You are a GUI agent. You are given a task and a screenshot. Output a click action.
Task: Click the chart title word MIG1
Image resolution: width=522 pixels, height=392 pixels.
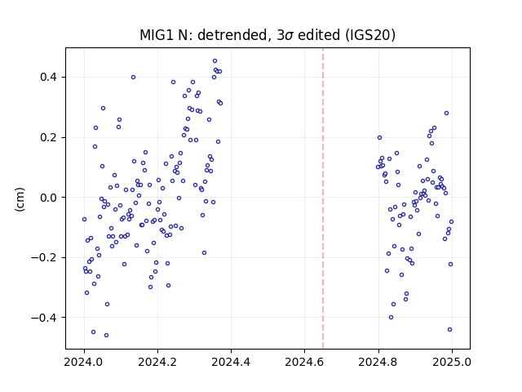157,35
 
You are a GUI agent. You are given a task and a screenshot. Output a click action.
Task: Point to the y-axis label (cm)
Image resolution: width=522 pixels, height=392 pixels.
20,199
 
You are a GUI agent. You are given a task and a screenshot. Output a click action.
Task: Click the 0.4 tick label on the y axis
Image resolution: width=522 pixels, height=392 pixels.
49,77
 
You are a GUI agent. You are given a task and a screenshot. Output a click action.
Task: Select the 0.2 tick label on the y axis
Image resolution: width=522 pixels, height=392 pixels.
49,137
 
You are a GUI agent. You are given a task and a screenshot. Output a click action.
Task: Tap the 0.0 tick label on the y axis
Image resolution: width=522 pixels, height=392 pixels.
49,198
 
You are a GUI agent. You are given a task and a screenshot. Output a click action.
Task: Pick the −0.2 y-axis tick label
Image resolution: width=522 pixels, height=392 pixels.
45,258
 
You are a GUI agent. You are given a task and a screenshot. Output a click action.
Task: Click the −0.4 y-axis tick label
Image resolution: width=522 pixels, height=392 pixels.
45,318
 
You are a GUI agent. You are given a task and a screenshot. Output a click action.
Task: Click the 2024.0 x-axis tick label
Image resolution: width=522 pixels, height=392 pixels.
84,362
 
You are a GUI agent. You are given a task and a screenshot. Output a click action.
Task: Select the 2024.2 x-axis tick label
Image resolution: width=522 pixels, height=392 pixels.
157,362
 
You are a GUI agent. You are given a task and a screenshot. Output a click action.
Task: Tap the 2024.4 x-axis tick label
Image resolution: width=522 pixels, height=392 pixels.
231,362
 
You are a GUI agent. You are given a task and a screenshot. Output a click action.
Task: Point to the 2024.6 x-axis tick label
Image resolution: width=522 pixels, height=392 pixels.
304,362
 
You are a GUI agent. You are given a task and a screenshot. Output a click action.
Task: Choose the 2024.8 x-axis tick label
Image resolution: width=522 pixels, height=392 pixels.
378,362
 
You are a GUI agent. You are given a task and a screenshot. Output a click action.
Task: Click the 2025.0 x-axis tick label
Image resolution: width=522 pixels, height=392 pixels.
452,362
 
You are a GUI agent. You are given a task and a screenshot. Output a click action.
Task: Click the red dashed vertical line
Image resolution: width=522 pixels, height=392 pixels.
323,198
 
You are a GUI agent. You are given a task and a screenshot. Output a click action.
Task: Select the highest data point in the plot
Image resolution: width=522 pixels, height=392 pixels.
215,61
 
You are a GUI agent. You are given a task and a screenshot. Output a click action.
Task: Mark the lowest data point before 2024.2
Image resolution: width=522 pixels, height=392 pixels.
106,336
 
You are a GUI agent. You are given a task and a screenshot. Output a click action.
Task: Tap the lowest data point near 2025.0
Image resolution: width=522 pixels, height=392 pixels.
449,330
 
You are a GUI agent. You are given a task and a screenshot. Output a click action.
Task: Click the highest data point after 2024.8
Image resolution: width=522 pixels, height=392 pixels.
446,114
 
